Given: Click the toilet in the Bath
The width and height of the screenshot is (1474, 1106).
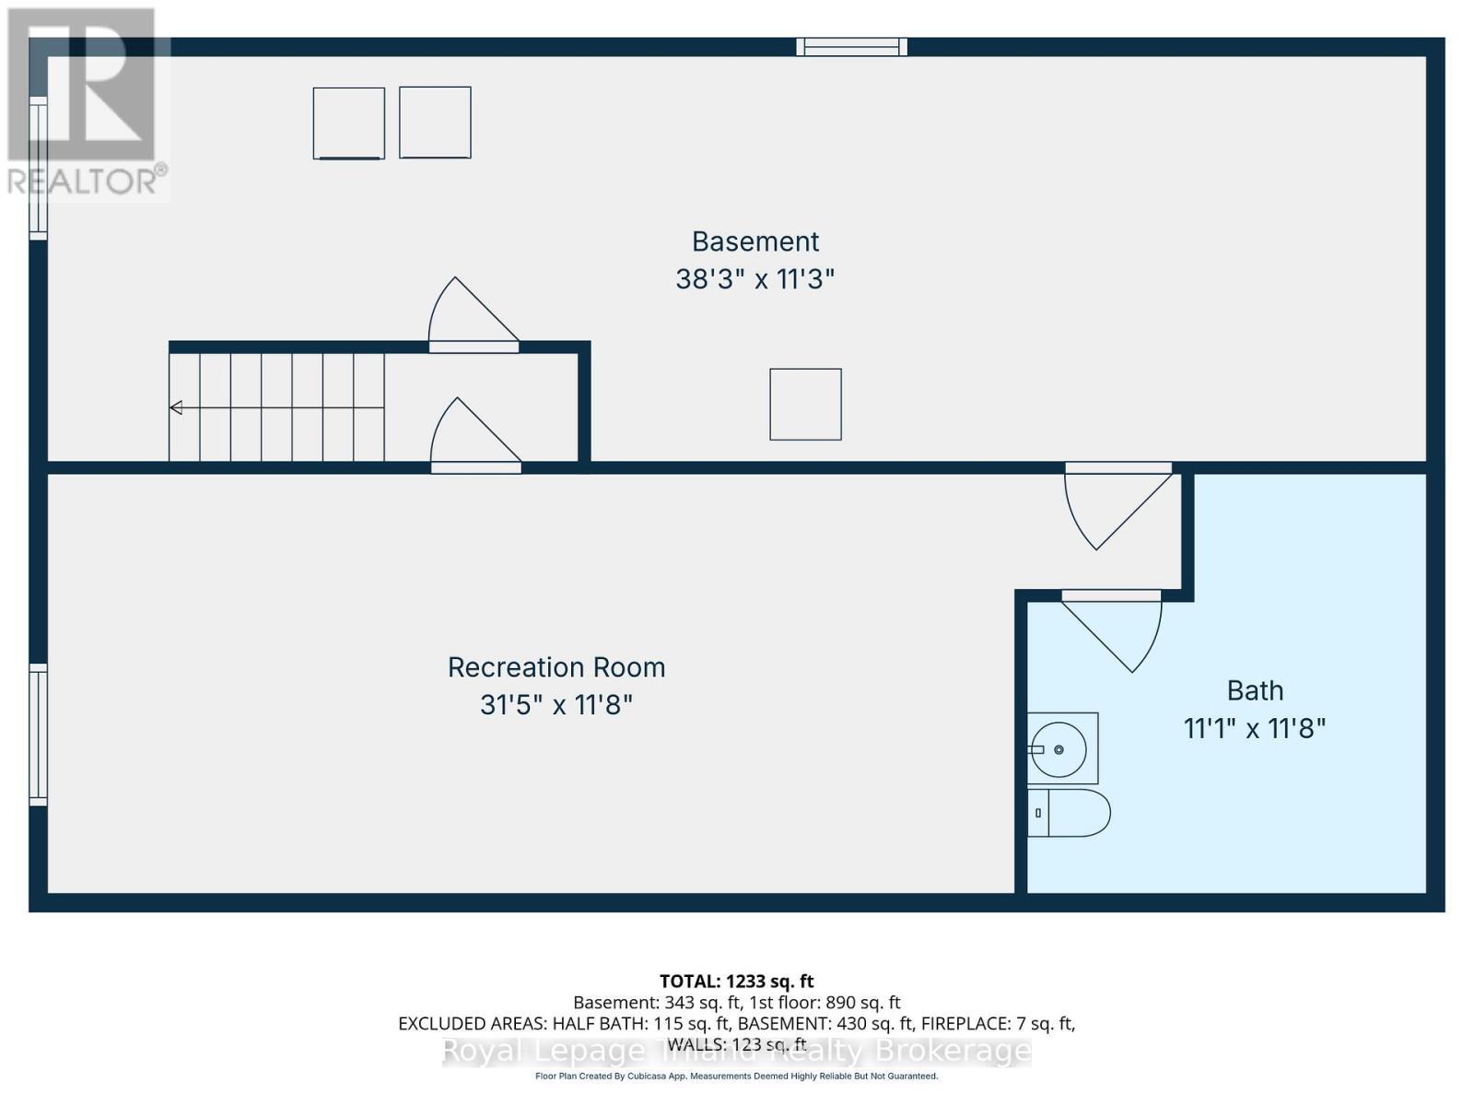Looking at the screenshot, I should (1070, 813).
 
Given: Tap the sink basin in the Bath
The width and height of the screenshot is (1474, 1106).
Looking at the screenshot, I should (1059, 748).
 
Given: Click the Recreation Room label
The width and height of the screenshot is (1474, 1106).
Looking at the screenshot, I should (556, 667).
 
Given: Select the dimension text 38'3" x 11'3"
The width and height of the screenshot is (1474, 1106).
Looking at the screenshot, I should (755, 279).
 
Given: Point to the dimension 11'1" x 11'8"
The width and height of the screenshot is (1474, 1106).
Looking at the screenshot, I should (1254, 729).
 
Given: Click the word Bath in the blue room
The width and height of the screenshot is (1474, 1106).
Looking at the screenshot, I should (1255, 690).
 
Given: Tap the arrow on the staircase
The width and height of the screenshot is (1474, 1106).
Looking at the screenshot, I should (176, 407).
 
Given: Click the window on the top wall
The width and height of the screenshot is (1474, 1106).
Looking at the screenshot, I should (851, 46).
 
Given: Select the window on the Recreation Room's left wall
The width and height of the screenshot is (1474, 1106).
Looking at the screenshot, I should (38, 735).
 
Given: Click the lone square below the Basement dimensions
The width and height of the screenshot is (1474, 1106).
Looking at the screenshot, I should (805, 404).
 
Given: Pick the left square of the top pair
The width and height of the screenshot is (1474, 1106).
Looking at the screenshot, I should (348, 124).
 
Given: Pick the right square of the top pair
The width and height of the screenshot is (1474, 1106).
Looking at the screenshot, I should (435, 123).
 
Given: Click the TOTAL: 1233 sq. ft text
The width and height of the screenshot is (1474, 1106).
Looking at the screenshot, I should (736, 982).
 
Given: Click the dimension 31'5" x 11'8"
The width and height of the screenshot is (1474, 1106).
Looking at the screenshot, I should (556, 706).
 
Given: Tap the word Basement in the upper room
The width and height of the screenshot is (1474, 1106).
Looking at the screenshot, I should (755, 241).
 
